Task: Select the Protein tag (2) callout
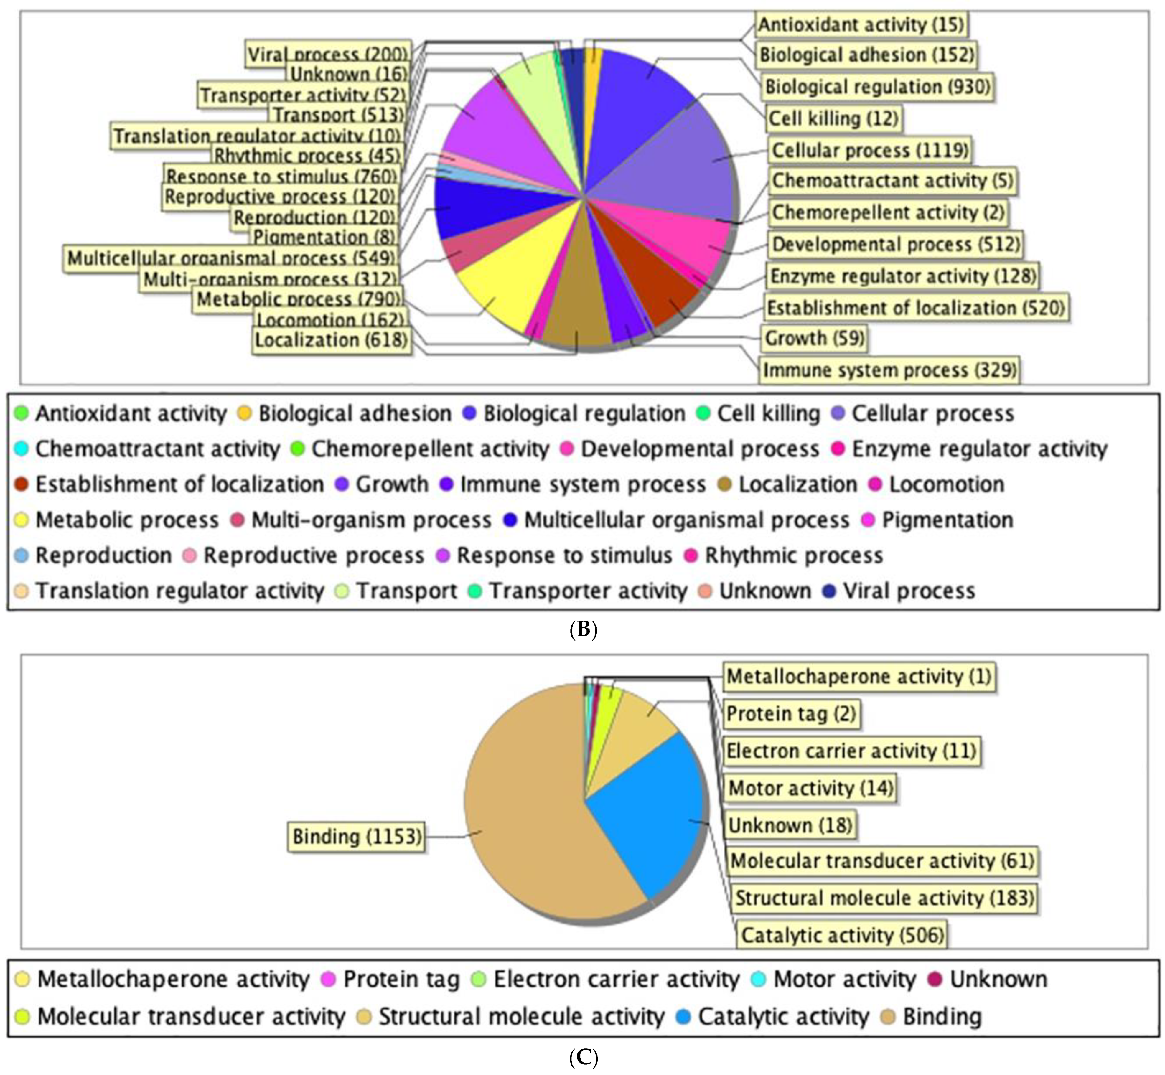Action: click(x=791, y=714)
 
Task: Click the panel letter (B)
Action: click(x=583, y=629)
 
